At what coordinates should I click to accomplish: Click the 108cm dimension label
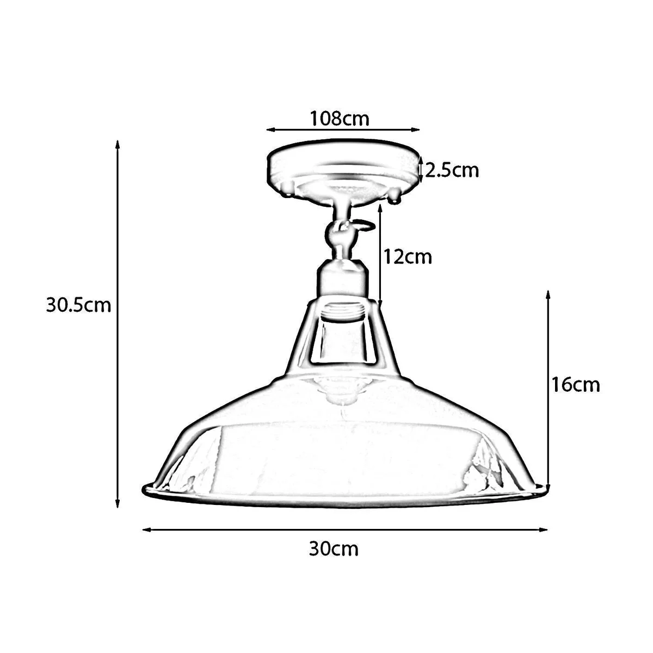(x=339, y=118)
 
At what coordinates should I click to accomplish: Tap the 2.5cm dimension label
(x=452, y=170)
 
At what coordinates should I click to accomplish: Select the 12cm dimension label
(x=408, y=256)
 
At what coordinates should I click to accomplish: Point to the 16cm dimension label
(x=575, y=384)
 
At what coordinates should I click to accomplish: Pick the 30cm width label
(x=334, y=549)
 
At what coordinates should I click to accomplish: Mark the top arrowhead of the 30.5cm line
(x=116, y=145)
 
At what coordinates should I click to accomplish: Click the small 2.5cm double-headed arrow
(x=422, y=170)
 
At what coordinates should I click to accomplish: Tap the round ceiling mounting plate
(x=343, y=166)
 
